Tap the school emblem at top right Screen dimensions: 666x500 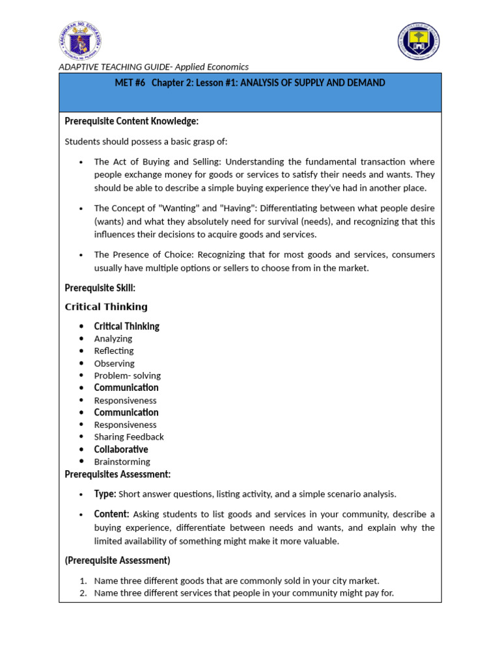419,41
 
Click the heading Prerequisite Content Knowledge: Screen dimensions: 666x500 132,122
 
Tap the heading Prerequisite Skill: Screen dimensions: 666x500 100,288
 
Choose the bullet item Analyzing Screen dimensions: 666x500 113,339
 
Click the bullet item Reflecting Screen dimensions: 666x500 114,351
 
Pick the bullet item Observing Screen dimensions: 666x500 114,364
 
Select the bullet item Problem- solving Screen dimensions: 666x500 127,376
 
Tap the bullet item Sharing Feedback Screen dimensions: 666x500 129,437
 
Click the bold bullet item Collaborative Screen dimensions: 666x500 121,449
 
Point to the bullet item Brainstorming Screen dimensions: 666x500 122,462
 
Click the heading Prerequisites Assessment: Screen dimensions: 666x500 118,475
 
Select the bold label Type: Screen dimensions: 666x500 105,494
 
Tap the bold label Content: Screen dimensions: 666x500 111,514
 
